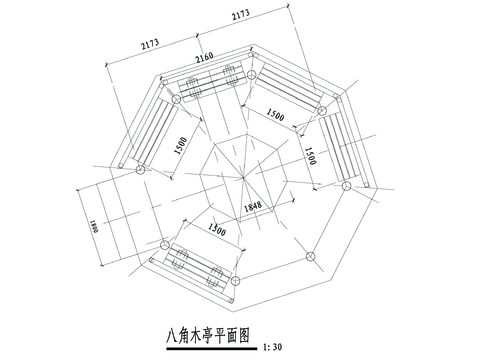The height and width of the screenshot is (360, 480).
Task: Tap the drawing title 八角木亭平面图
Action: (x=208, y=337)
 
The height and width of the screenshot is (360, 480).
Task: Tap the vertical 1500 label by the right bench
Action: (x=311, y=154)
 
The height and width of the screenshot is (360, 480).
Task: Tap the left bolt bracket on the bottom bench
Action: (x=182, y=263)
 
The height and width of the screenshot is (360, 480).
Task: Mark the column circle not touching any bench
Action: (x=308, y=256)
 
